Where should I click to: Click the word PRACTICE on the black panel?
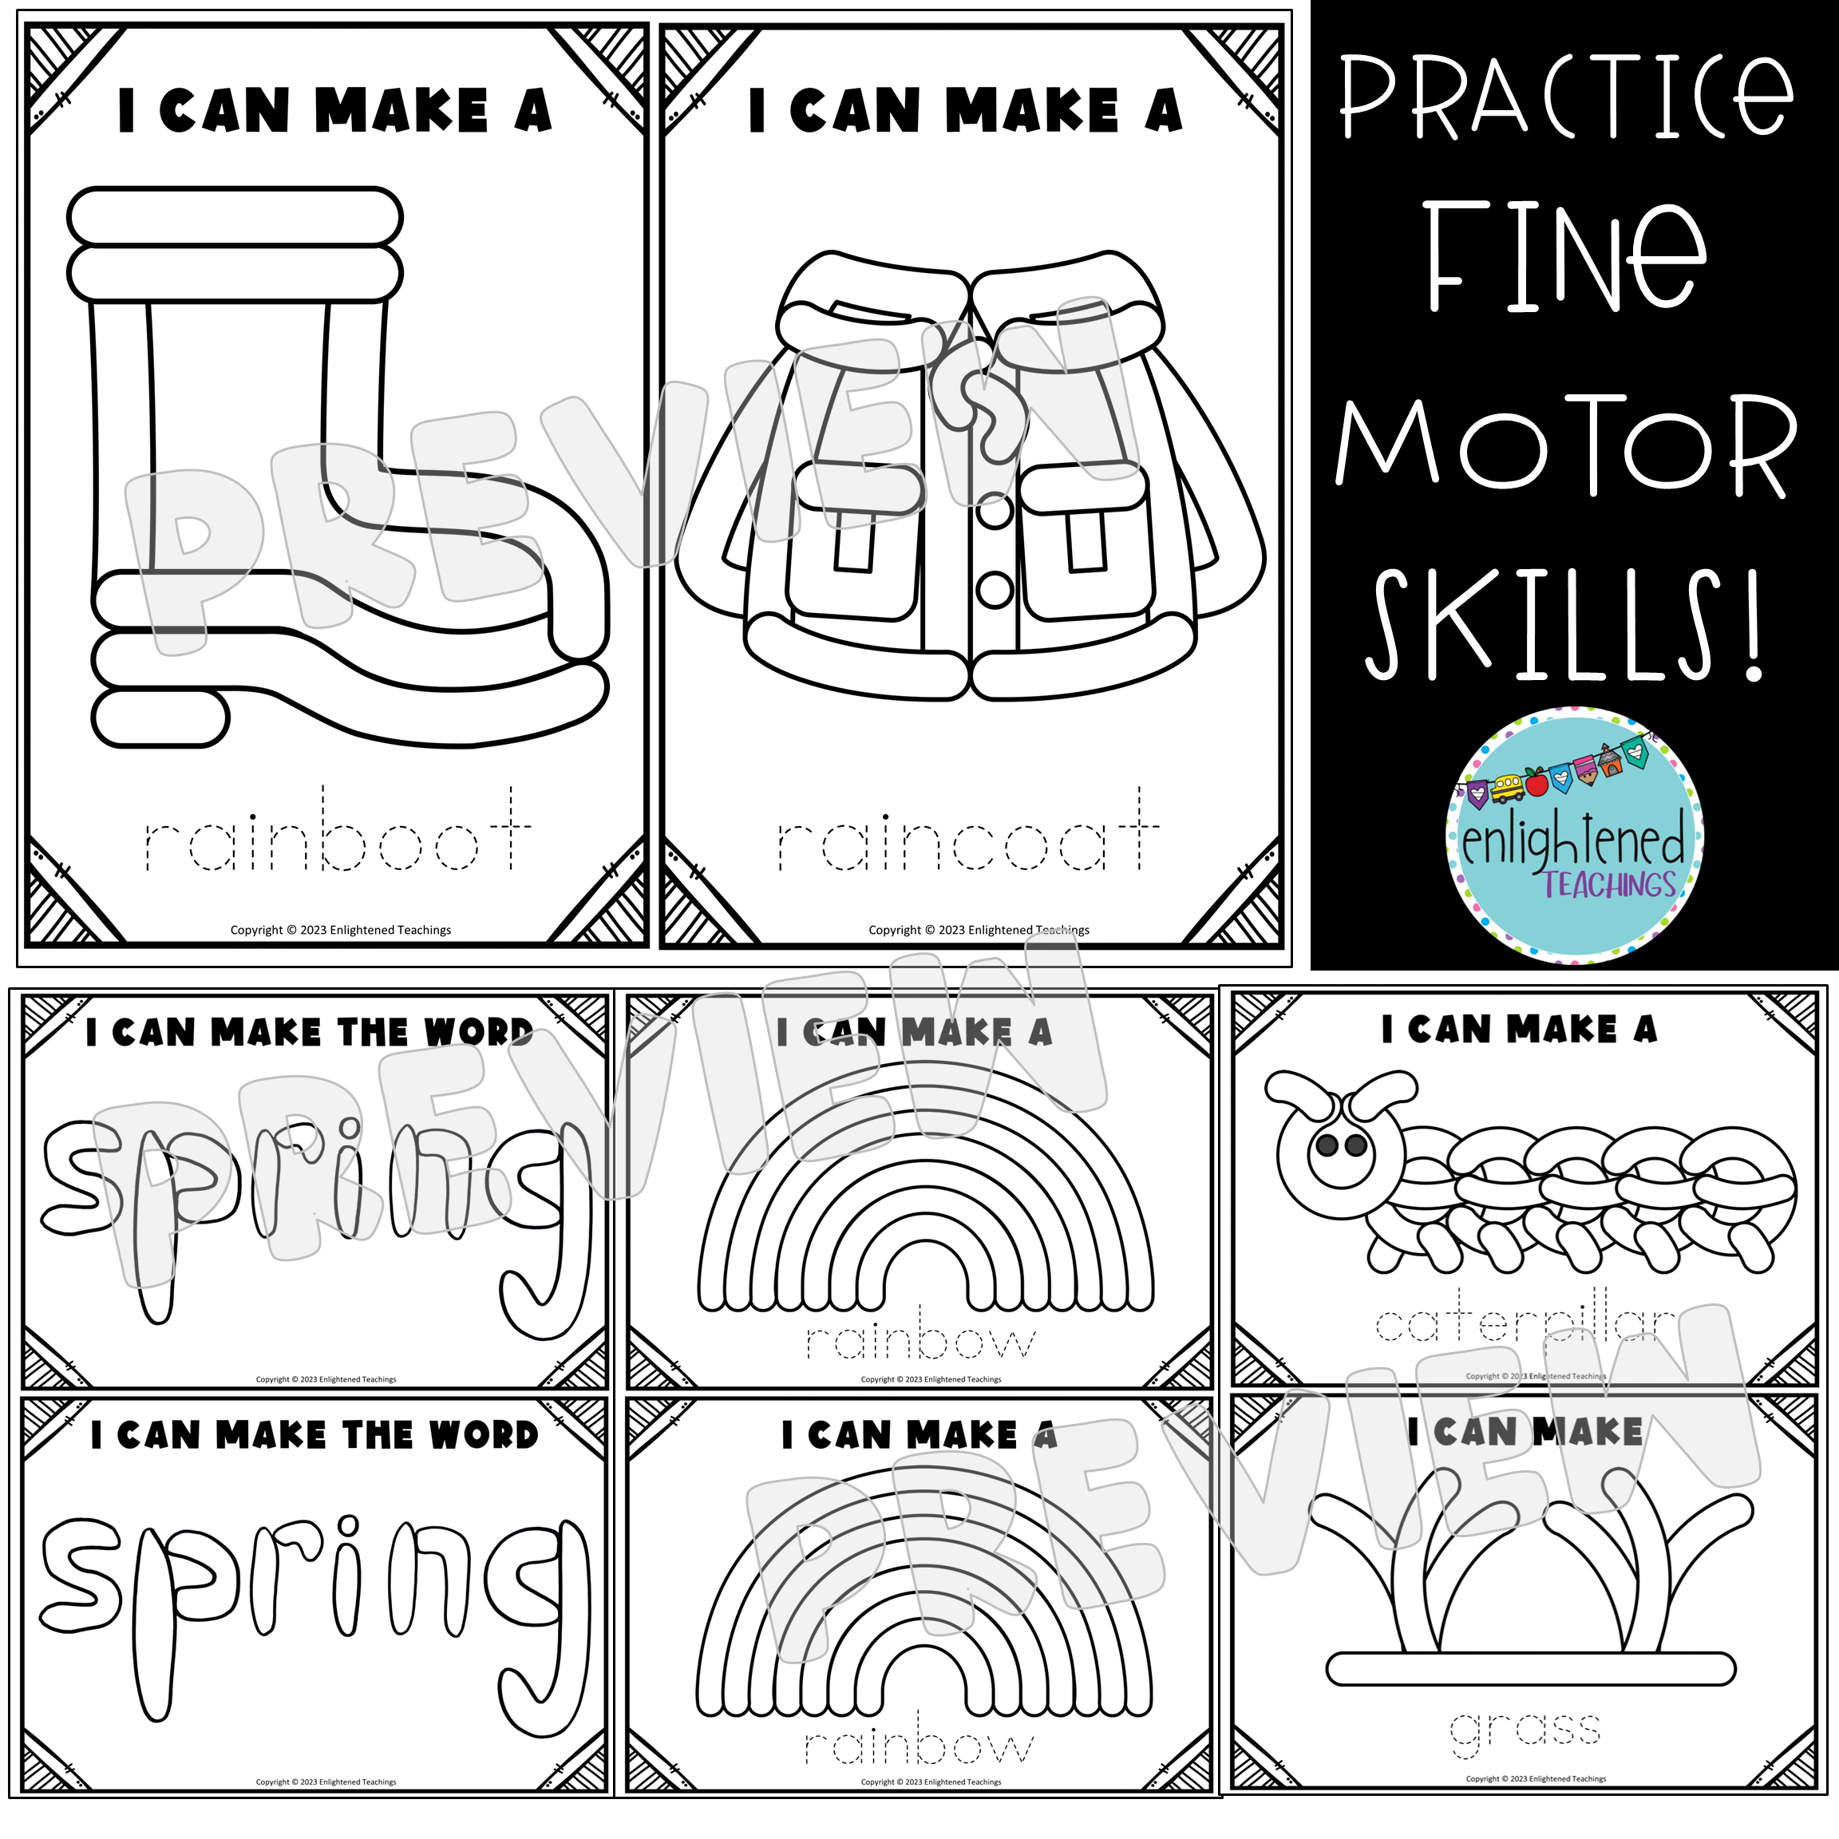click(x=1566, y=98)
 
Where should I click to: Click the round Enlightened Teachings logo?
click(x=1574, y=836)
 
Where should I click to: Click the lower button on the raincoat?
click(x=995, y=589)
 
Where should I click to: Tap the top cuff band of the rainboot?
click(x=234, y=216)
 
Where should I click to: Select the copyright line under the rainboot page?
click(x=340, y=930)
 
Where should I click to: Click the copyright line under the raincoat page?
click(x=979, y=930)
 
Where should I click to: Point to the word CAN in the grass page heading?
click(x=1474, y=1433)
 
